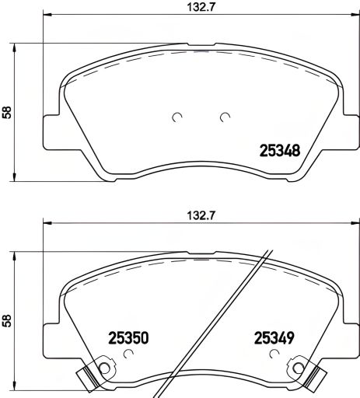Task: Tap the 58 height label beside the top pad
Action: click(7, 111)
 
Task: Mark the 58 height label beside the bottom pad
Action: click(7, 319)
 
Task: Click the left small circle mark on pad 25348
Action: click(176, 118)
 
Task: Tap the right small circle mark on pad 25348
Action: click(225, 118)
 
